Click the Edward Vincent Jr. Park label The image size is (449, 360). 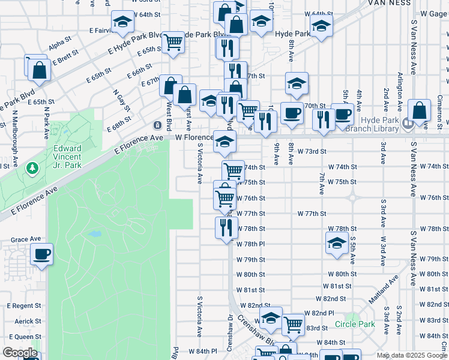tap(67, 153)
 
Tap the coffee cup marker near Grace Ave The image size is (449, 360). tap(41, 255)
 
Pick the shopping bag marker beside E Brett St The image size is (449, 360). tap(39, 70)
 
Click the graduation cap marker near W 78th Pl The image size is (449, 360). tap(337, 244)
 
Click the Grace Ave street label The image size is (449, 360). tap(21, 239)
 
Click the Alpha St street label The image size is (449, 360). tap(59, 44)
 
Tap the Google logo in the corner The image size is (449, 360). tap(20, 353)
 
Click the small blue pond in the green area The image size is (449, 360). tap(94, 233)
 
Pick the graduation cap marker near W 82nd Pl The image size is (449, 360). tap(271, 318)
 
